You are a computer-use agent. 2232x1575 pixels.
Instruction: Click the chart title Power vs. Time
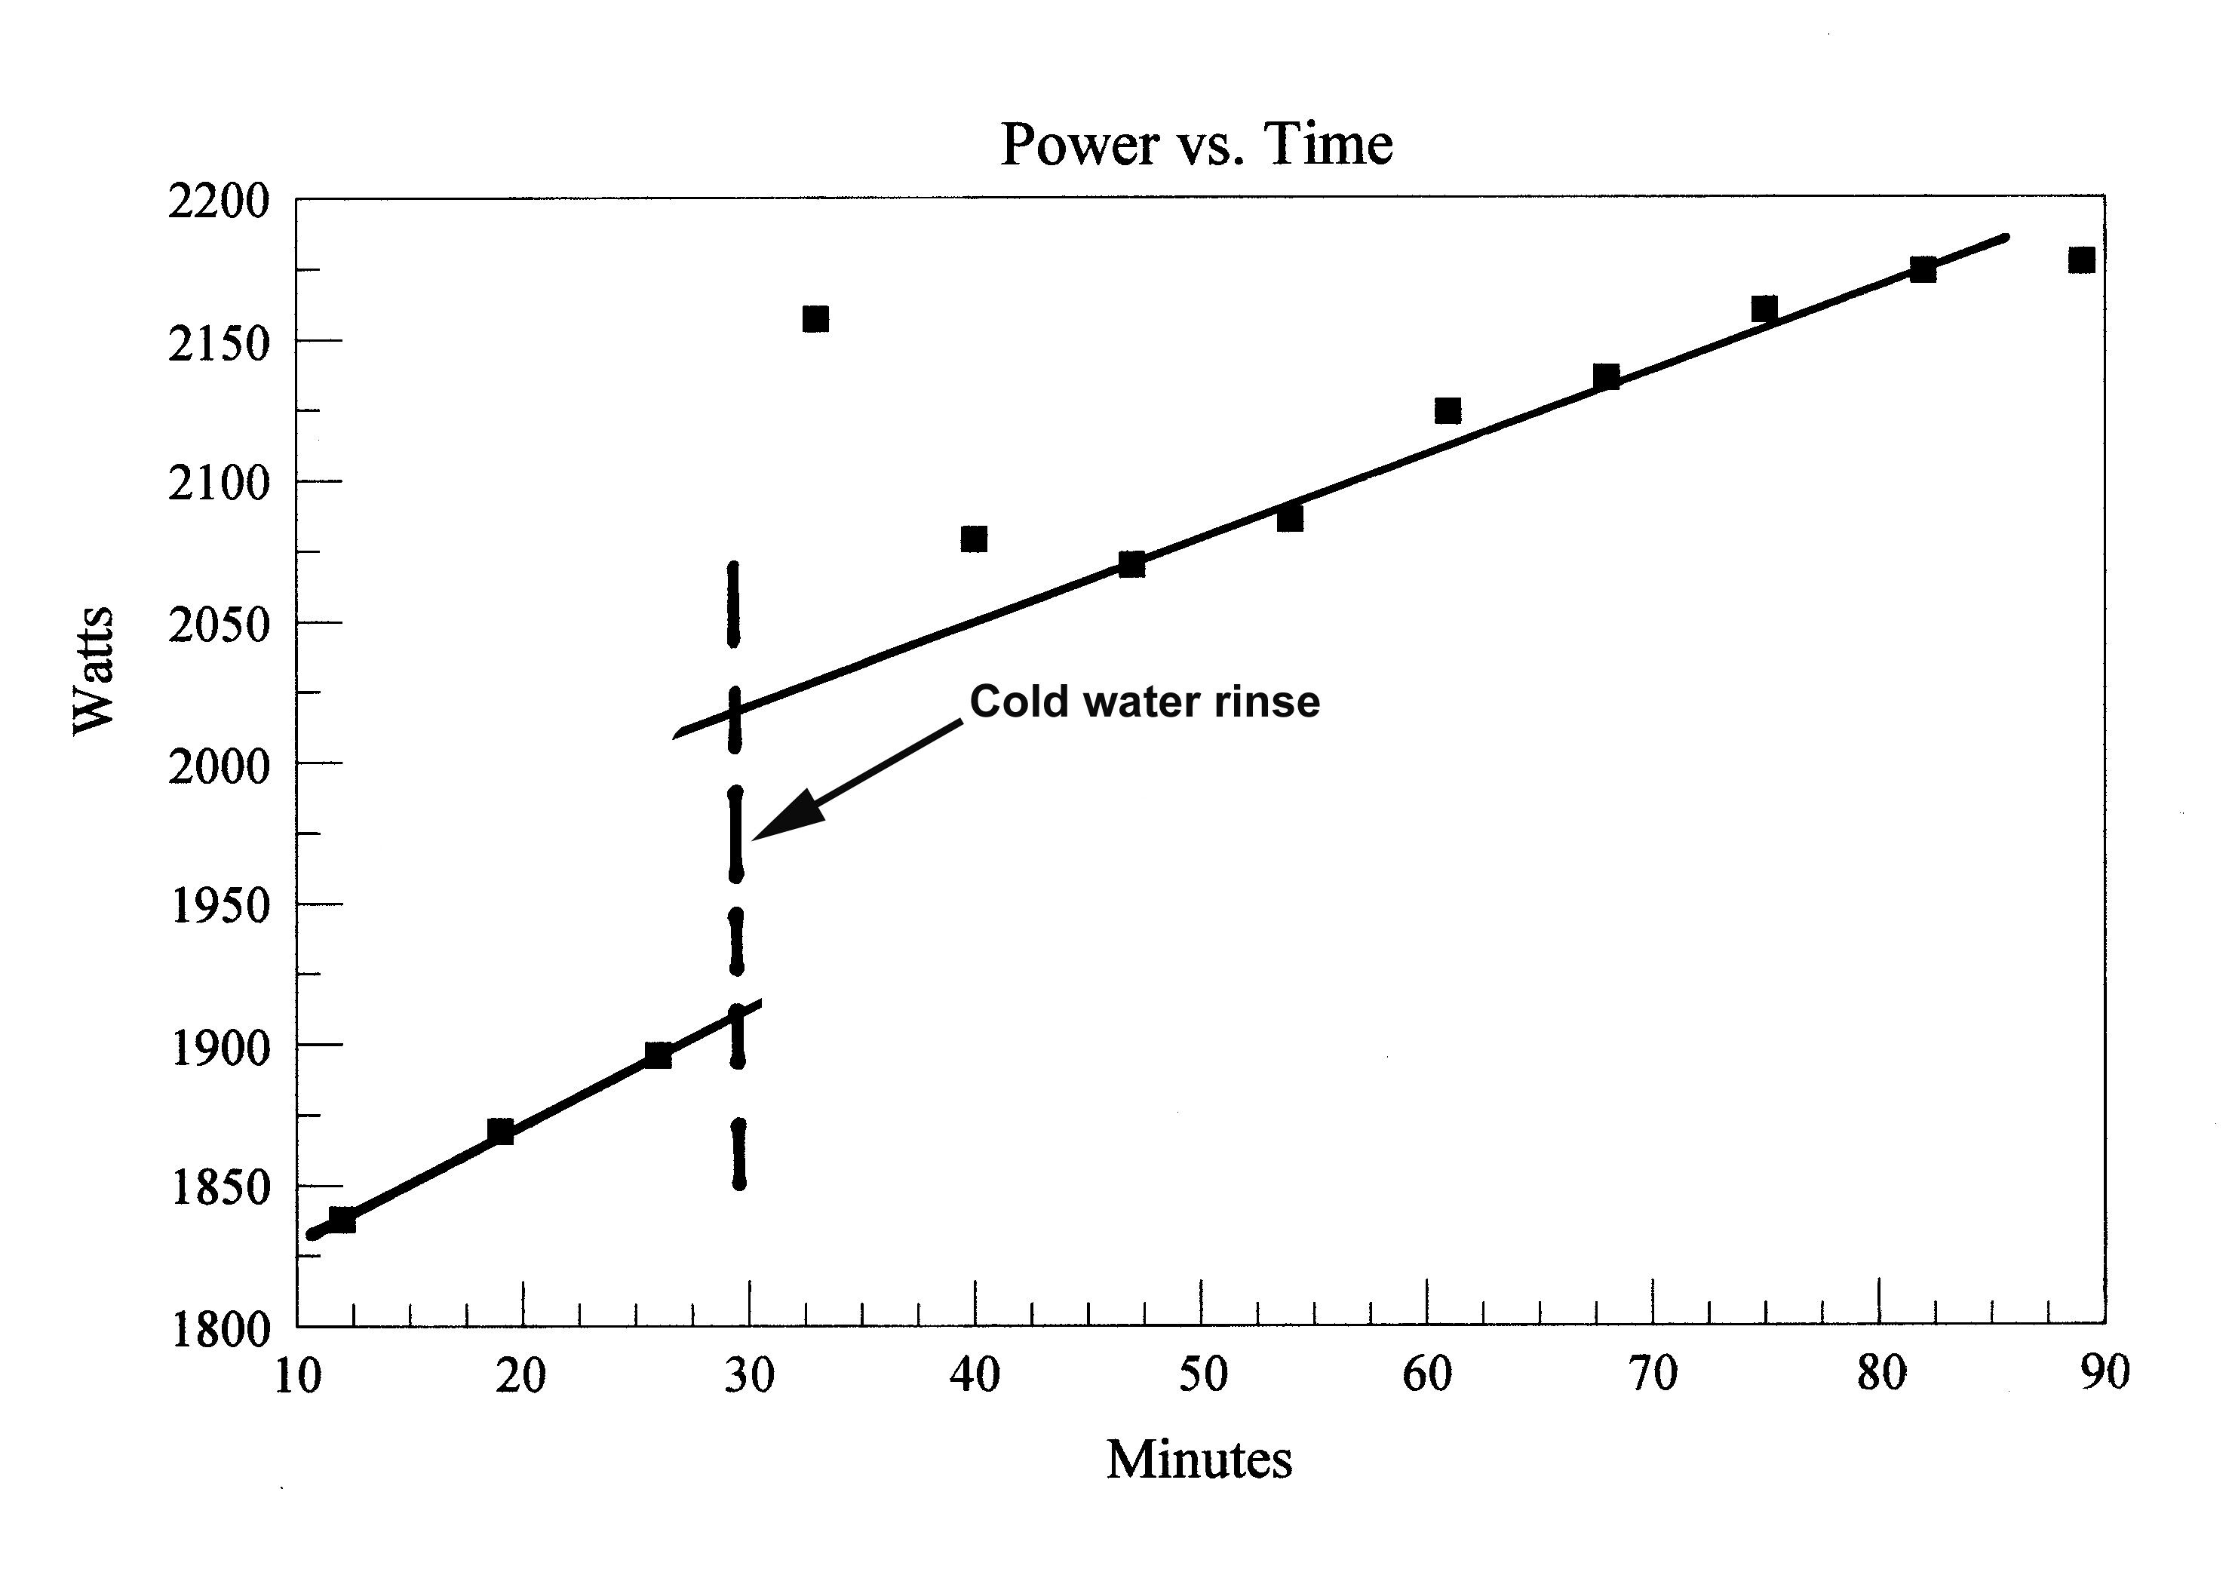point(1196,144)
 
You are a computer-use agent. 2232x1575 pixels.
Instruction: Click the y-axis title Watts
point(94,670)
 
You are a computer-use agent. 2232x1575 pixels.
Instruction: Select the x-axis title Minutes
point(1199,1460)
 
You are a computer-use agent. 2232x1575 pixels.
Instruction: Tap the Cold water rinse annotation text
point(1144,701)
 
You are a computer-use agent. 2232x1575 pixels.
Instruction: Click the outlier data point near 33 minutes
point(815,319)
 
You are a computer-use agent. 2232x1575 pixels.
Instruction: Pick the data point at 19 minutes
point(501,1131)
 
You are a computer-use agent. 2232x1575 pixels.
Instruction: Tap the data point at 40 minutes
point(974,539)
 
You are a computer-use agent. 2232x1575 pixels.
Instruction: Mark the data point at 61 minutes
point(1448,410)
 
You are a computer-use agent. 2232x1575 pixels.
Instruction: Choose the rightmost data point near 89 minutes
point(2081,259)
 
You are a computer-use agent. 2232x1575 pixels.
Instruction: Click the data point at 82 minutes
point(1923,269)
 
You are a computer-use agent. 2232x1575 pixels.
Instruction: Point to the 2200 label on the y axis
point(218,202)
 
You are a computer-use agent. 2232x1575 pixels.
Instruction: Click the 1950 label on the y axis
point(218,906)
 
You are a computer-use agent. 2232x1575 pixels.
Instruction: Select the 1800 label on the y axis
point(220,1328)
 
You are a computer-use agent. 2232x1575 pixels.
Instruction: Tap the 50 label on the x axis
point(1202,1374)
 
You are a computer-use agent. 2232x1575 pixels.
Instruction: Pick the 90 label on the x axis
point(2105,1373)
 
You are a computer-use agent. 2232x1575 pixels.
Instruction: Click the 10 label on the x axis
point(297,1376)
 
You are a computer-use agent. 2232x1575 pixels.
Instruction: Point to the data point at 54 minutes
point(1290,519)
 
